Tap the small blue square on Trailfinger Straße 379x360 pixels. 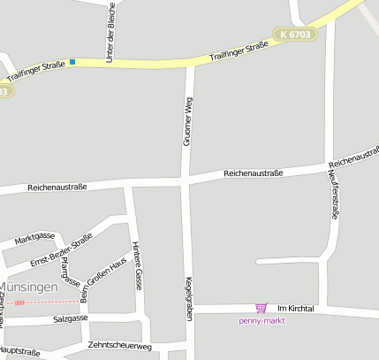click(x=72, y=62)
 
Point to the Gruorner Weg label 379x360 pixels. click(x=187, y=122)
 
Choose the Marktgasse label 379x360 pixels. click(x=35, y=237)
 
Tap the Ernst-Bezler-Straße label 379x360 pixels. click(x=61, y=252)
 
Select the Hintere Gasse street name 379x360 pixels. click(x=137, y=266)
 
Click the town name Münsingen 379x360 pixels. click(x=29, y=288)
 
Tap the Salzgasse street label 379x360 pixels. click(x=71, y=318)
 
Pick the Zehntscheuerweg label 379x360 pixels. click(x=120, y=345)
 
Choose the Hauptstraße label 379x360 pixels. click(x=21, y=352)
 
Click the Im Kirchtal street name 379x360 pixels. click(x=296, y=308)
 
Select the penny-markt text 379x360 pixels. click(x=262, y=320)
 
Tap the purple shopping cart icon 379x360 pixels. click(x=261, y=308)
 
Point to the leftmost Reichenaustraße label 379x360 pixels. click(x=57, y=188)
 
